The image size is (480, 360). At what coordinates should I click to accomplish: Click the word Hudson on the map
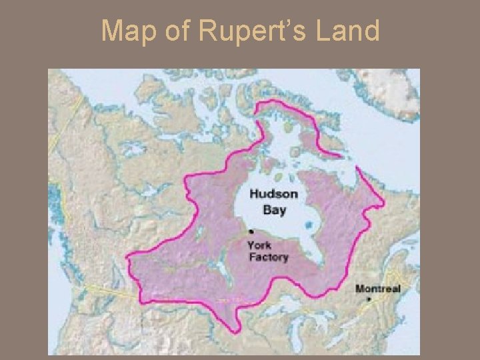(274, 194)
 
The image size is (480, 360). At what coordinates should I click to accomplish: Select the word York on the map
(259, 245)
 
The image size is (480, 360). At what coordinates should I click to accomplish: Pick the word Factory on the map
(268, 257)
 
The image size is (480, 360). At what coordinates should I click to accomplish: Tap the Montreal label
(377, 288)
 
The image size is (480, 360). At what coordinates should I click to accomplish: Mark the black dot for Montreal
(369, 300)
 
